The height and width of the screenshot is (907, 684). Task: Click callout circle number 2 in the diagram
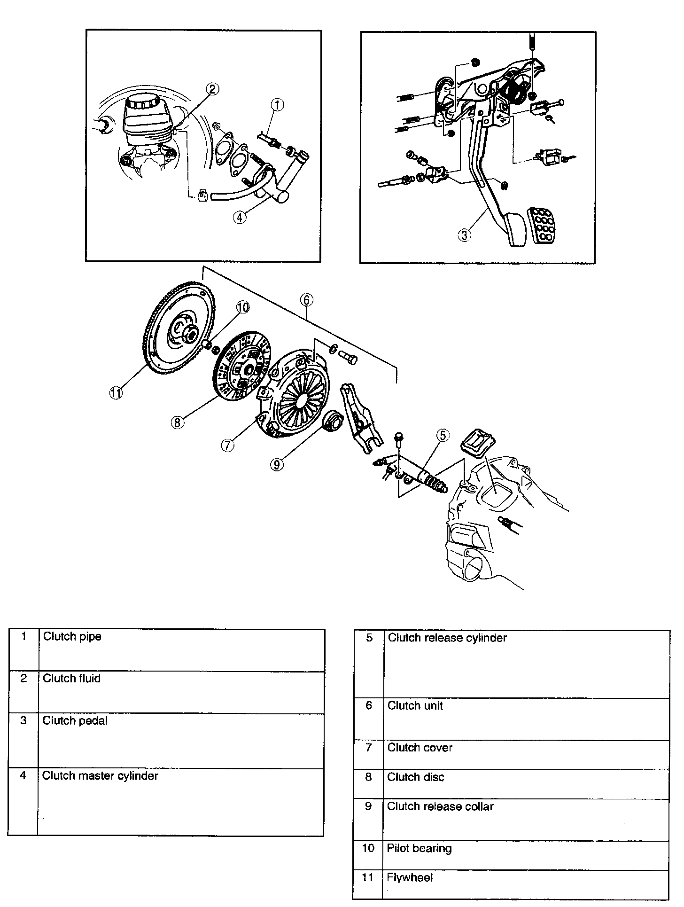pyautogui.click(x=212, y=89)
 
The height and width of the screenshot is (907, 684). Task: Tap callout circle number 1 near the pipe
pyautogui.click(x=277, y=105)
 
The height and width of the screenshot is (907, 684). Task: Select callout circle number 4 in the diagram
pyautogui.click(x=240, y=217)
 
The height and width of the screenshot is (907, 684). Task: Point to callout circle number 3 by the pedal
pyautogui.click(x=464, y=235)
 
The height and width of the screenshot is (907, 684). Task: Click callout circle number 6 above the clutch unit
pyautogui.click(x=306, y=300)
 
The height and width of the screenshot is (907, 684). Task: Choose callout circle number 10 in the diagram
pyautogui.click(x=242, y=308)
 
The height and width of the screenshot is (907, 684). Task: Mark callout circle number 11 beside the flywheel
pyautogui.click(x=116, y=393)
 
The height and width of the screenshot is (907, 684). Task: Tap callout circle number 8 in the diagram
pyautogui.click(x=177, y=422)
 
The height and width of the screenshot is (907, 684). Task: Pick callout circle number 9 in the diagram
pyautogui.click(x=277, y=464)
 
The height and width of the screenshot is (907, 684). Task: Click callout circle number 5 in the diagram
pyautogui.click(x=443, y=436)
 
